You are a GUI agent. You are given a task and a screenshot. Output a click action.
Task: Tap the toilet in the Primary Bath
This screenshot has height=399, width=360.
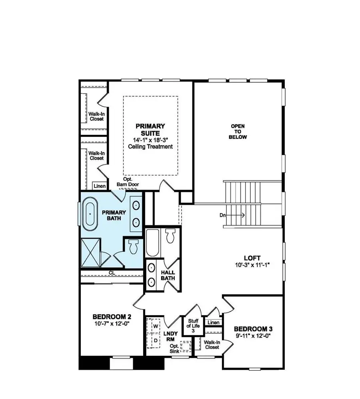(133, 247)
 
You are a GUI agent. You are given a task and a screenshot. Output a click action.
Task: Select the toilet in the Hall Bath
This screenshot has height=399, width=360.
(170, 236)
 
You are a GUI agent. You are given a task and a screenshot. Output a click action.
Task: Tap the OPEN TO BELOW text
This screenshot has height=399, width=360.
(238, 132)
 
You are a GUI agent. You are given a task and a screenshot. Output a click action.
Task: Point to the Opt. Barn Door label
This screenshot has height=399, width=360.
(126, 182)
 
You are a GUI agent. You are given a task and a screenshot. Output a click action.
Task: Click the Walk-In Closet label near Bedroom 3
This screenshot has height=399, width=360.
(212, 345)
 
